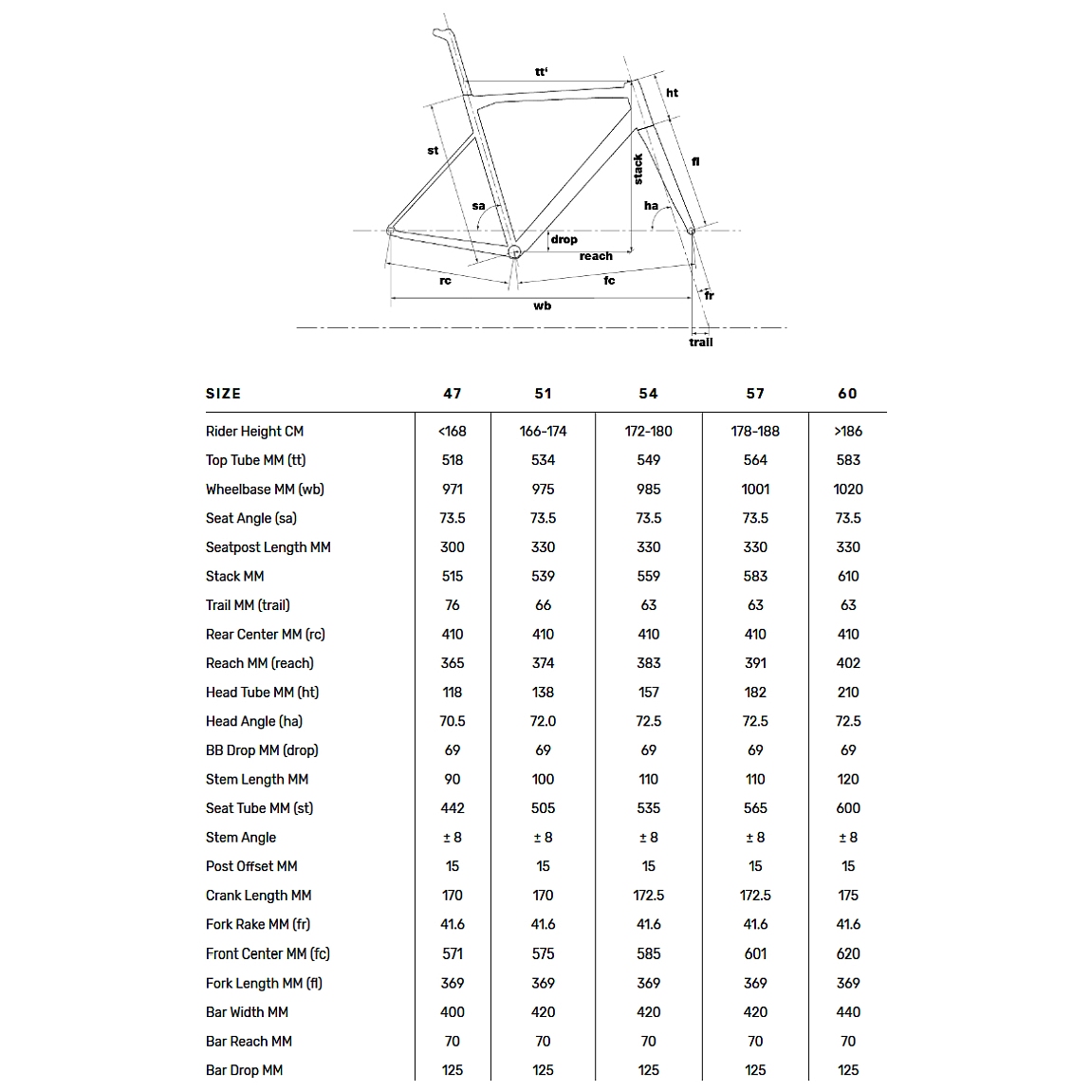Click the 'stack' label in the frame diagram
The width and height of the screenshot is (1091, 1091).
[x=638, y=169]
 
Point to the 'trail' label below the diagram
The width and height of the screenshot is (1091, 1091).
[x=701, y=342]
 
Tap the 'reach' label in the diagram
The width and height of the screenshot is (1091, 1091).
[x=596, y=256]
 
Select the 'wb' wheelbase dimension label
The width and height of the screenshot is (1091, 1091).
[x=542, y=305]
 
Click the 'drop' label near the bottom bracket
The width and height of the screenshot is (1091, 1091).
[x=564, y=239]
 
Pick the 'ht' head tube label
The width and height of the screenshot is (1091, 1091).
[x=672, y=93]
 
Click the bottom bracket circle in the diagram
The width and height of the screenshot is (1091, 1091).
[x=514, y=251]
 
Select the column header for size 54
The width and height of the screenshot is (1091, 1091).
[x=648, y=394]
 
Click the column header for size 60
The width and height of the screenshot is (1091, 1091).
[x=848, y=394]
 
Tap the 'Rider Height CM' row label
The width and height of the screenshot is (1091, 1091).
[x=254, y=432]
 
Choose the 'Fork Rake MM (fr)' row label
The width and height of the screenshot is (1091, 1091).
[x=258, y=924]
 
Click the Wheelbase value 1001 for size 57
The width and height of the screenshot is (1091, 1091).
[x=755, y=490]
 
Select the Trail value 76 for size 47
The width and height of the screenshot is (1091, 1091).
[x=453, y=605]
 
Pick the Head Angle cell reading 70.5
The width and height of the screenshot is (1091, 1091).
[x=453, y=721]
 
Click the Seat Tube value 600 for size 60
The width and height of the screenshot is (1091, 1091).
[x=848, y=808]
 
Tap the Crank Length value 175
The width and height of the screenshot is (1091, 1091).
[x=848, y=896]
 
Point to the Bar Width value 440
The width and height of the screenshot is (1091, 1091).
[x=848, y=1012]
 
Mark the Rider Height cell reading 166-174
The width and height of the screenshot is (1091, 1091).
[x=543, y=432]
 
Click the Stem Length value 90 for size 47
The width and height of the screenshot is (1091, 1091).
[x=453, y=780]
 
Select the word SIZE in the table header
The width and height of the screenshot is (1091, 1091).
[x=223, y=394]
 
